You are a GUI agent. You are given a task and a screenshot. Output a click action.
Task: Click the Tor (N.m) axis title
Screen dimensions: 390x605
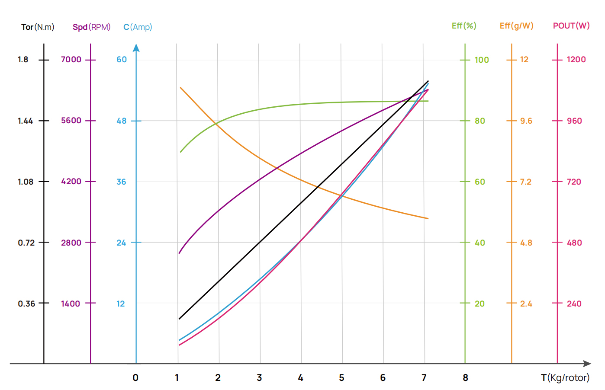click(x=38, y=27)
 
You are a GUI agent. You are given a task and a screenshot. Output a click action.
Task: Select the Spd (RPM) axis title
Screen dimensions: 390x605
click(x=91, y=27)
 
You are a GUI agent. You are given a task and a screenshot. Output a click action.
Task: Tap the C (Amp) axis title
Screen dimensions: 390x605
click(x=138, y=27)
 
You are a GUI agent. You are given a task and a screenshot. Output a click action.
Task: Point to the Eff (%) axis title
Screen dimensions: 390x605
click(x=464, y=26)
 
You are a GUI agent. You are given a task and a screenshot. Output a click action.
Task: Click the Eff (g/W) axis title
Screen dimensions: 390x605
click(x=516, y=26)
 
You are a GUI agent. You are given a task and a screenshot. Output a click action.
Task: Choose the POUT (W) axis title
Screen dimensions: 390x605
click(x=571, y=26)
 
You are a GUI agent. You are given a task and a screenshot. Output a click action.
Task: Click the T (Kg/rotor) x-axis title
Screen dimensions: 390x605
click(x=565, y=378)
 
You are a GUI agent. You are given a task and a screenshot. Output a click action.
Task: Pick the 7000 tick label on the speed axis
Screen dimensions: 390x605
click(x=71, y=60)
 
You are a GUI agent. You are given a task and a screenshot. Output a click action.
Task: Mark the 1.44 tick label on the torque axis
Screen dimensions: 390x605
click(x=25, y=121)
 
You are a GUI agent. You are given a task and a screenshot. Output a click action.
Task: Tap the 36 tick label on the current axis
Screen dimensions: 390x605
click(x=121, y=182)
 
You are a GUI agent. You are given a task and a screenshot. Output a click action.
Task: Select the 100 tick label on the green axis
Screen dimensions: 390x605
click(x=482, y=60)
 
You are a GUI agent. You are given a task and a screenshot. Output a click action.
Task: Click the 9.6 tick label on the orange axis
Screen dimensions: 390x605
click(x=526, y=121)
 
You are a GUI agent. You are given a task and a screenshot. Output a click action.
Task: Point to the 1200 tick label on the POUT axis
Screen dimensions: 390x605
click(x=576, y=60)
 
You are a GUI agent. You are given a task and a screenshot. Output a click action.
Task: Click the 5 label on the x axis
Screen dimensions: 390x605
click(x=341, y=378)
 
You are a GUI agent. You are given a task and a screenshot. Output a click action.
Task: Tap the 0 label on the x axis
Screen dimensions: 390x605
click(x=135, y=378)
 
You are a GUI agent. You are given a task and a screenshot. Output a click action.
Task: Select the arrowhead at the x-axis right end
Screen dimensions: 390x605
click(x=587, y=364)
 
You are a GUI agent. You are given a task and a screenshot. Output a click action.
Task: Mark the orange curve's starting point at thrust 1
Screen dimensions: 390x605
click(x=180, y=87)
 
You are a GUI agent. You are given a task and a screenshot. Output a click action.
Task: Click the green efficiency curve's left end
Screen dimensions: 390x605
click(x=180, y=152)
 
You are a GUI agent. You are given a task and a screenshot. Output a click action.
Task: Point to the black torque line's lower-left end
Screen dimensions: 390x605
click(x=179, y=319)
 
